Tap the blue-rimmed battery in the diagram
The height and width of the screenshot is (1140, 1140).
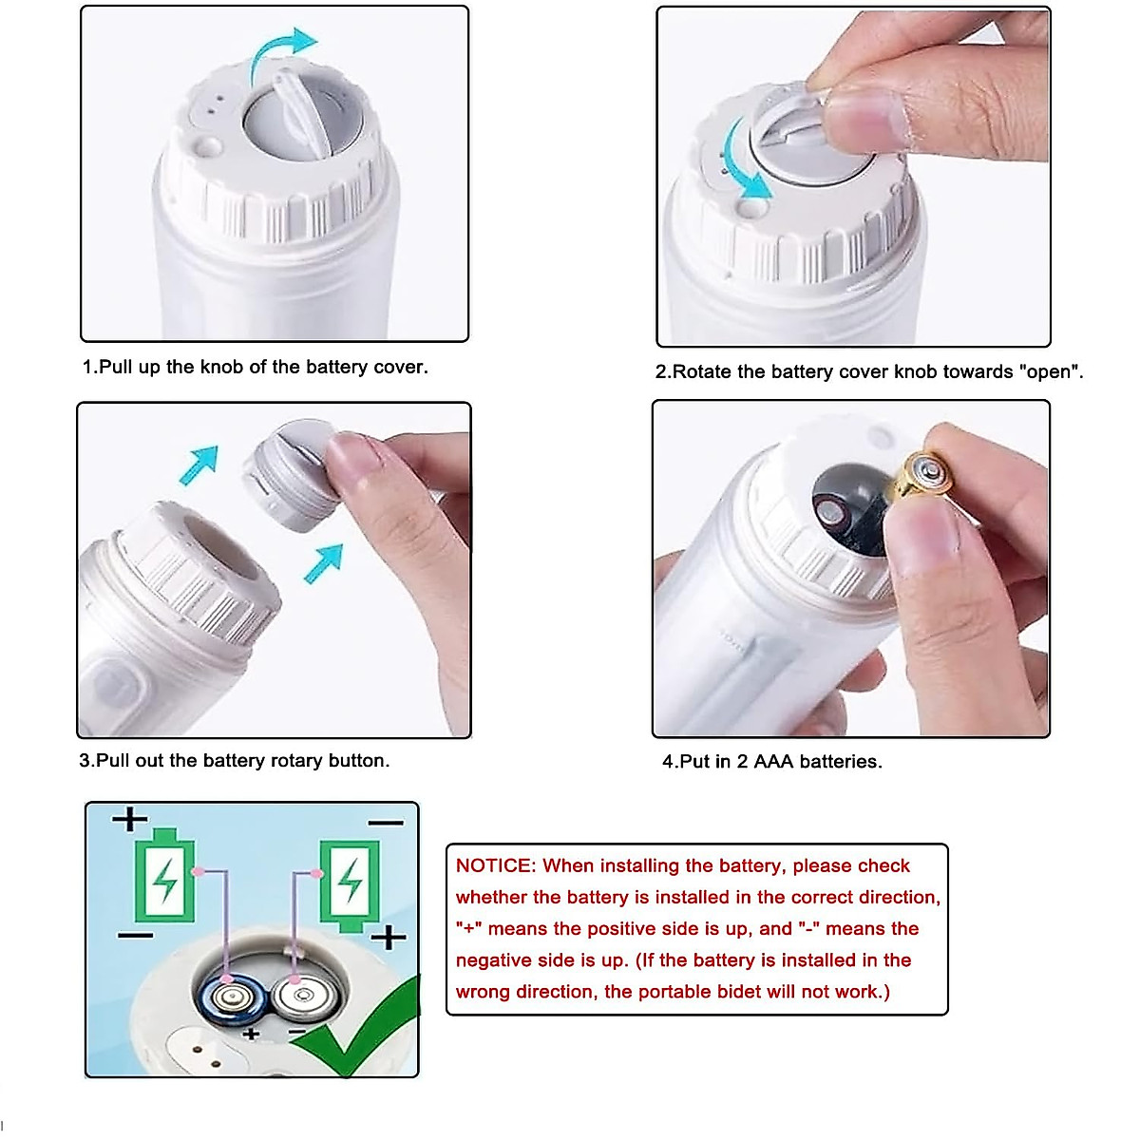[x=231, y=998]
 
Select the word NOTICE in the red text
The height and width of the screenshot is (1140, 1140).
[x=494, y=865]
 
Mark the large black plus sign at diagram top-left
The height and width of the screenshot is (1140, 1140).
[x=130, y=819]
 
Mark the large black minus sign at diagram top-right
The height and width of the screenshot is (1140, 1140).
[x=385, y=823]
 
